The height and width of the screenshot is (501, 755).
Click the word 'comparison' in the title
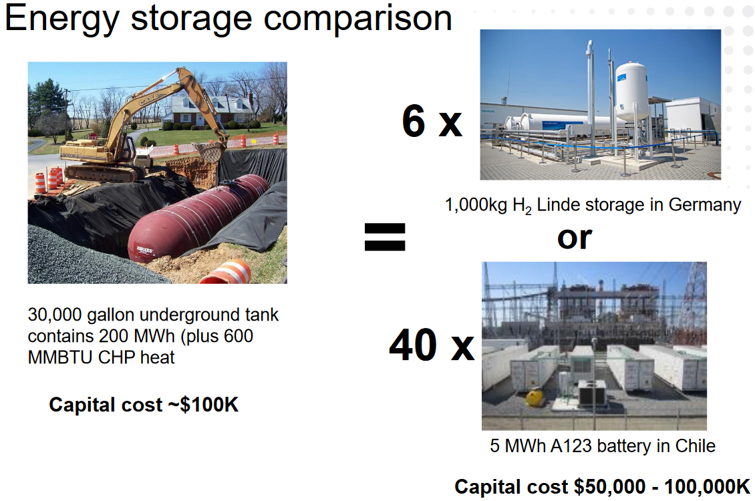pyautogui.click(x=357, y=19)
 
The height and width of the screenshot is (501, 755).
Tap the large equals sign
pyautogui.click(x=385, y=236)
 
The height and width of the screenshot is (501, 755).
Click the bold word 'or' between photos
pyautogui.click(x=575, y=238)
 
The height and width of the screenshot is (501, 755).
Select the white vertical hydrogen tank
pyautogui.click(x=632, y=92)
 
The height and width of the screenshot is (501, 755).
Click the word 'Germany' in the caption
pyautogui.click(x=704, y=205)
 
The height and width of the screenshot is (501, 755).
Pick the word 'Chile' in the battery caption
pyautogui.click(x=695, y=446)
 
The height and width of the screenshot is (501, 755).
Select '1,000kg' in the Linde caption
pyautogui.click(x=476, y=205)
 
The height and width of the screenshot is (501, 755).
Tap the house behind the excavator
pyautogui.click(x=207, y=111)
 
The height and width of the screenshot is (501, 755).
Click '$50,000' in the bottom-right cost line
pyautogui.click(x=609, y=486)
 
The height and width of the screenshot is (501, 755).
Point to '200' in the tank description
pyautogui.click(x=114, y=336)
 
